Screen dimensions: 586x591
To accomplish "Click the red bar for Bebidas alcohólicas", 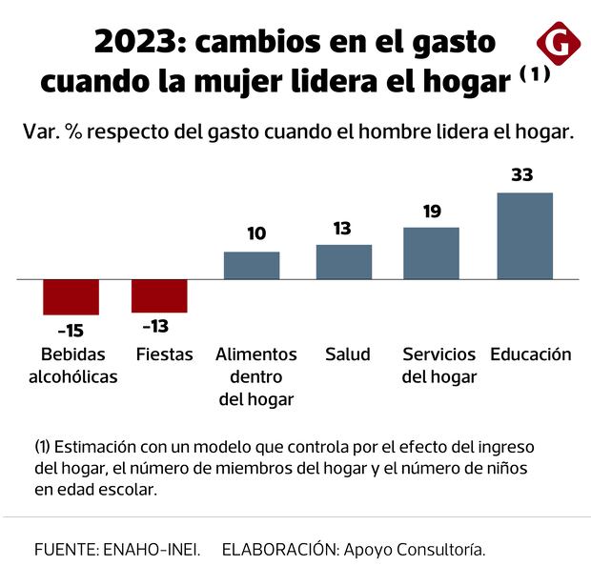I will [x=71, y=296].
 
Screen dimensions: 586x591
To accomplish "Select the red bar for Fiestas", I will [x=159, y=295].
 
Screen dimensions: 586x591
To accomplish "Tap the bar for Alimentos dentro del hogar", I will [x=252, y=266].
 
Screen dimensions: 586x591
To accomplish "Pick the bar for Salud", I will [x=344, y=262].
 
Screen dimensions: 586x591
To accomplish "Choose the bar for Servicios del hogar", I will [x=431, y=253].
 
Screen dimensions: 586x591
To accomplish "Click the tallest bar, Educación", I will [x=525, y=236].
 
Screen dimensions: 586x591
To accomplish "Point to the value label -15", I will [x=71, y=331].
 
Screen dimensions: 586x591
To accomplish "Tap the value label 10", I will [x=255, y=233].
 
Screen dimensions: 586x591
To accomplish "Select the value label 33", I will [x=521, y=175].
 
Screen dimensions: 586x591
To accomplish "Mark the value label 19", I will [x=432, y=211].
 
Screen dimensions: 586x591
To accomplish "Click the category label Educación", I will [x=531, y=354].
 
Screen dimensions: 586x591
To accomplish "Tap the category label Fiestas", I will [x=165, y=354].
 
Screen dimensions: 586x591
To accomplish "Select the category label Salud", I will [x=347, y=354].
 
